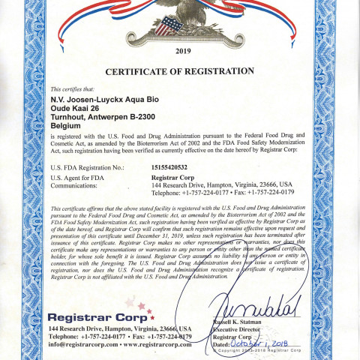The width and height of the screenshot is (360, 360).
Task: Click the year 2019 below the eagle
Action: pos(183,52)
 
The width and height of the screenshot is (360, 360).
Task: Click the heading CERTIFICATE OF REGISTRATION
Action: pos(180,71)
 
